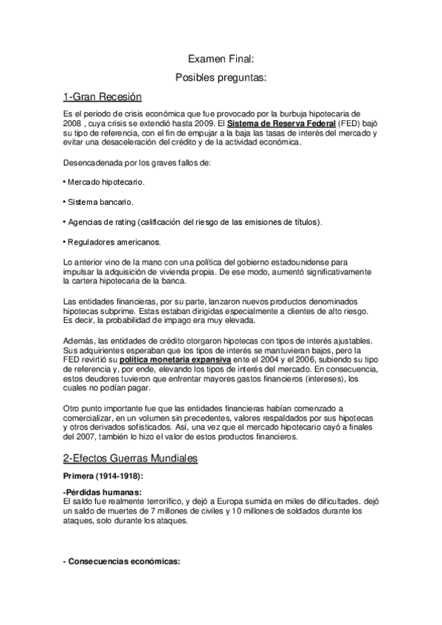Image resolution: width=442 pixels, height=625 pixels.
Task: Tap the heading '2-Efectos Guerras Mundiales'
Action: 131,458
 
